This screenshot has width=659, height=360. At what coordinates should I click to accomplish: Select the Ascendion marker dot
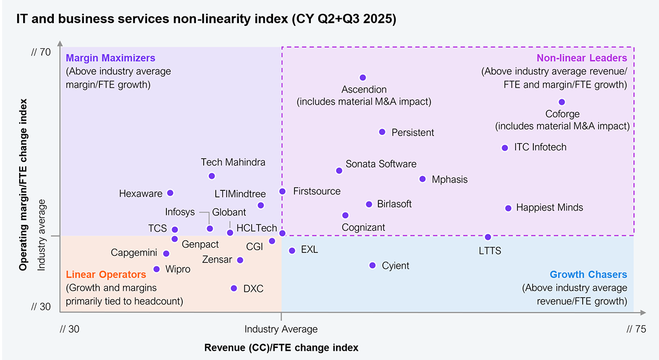[362, 77]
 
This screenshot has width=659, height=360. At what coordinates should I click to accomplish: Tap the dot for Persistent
[382, 132]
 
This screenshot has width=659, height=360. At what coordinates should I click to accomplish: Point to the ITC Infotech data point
[505, 148]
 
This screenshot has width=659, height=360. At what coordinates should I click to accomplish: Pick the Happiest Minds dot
[508, 208]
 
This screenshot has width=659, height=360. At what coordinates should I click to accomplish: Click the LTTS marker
[488, 237]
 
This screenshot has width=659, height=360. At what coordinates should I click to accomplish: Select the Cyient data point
[372, 266]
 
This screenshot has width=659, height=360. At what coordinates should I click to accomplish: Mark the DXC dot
[234, 288]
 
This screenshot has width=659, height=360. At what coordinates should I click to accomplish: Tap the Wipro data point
[157, 269]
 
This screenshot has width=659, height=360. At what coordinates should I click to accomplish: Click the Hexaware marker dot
[170, 193]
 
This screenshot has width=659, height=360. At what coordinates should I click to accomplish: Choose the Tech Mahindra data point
[212, 176]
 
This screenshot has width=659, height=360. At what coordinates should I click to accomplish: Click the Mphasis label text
[450, 179]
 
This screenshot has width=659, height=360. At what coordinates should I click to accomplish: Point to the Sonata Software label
[381, 164]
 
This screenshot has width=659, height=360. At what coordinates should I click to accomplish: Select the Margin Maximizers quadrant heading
[110, 58]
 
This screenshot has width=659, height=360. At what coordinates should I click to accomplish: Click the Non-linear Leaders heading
[582, 58]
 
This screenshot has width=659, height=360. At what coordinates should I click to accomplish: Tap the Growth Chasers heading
[588, 275]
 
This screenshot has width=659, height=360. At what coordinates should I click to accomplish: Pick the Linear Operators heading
[106, 274]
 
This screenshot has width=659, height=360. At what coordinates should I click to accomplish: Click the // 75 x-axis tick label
[636, 329]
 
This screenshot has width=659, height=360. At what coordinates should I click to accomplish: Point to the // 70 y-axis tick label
[41, 53]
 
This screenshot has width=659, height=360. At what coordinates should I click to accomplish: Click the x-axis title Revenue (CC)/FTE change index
[281, 348]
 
